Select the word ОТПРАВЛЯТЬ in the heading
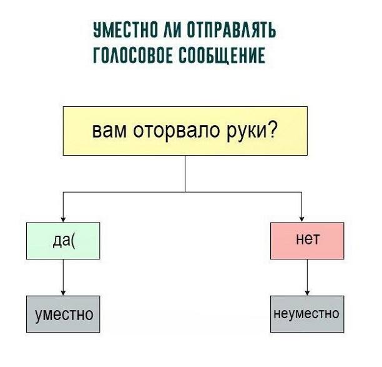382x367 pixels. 231,30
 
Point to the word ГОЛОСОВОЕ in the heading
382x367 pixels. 133,55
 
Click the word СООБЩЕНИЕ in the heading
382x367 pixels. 222,56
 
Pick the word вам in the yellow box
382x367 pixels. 109,131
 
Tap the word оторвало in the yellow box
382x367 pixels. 177,131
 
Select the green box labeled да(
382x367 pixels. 63,241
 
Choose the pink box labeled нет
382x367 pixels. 307,241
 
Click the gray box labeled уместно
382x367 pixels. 63,314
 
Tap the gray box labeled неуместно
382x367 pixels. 307,314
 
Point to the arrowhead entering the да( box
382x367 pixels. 63,219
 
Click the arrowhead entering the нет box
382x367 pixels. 302,219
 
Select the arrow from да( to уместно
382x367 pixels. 63,278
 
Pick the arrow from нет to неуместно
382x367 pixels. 307,278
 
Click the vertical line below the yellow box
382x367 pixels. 185,174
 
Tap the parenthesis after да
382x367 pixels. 73,239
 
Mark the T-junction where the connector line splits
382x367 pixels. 185,193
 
